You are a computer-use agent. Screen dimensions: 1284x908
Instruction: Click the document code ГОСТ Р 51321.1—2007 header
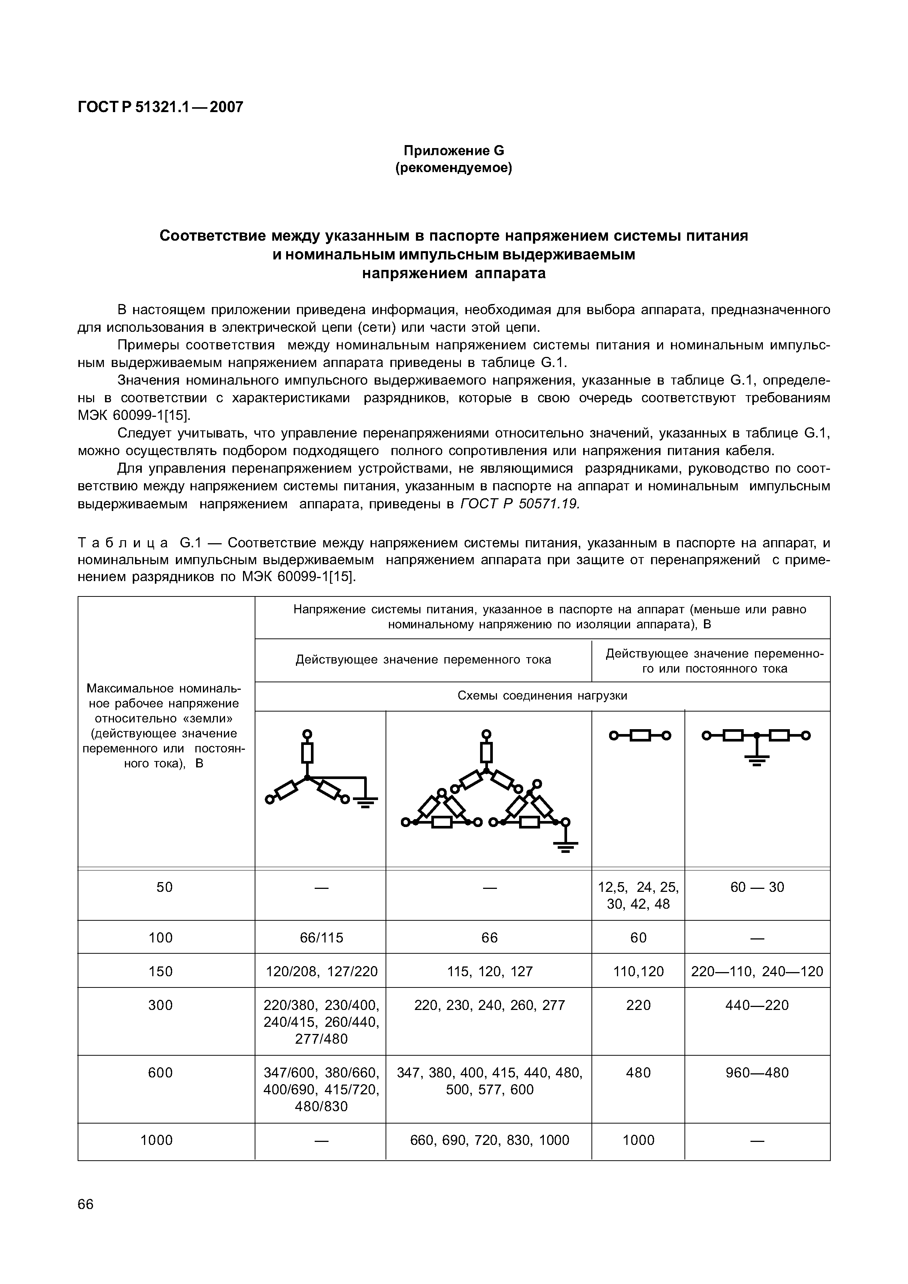pos(161,107)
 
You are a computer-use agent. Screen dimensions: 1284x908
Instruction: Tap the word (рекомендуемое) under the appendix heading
pos(454,168)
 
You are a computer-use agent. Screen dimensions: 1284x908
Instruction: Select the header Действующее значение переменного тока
pos(423,660)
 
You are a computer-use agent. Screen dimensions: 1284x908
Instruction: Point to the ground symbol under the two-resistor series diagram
pos(757,760)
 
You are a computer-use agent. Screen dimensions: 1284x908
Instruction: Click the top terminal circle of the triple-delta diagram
pos(487,734)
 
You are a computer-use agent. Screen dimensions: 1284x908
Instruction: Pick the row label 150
pos(161,971)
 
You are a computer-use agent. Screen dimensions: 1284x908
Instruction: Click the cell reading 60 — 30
pos(757,887)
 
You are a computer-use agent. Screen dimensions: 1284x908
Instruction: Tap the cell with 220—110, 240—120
pos(757,971)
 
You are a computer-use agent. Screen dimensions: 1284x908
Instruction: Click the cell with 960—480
pos(757,1073)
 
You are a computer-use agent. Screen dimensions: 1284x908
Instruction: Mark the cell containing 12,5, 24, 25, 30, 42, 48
pos(638,895)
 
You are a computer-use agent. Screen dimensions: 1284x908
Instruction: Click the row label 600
pos(161,1073)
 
